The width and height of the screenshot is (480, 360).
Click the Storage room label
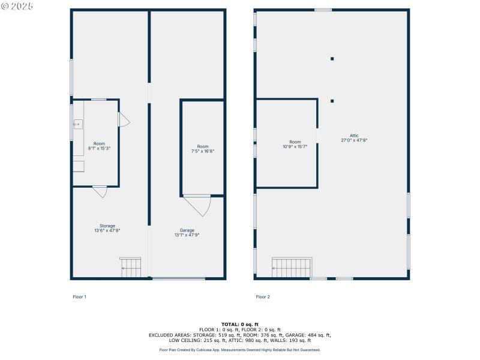coord(107,226)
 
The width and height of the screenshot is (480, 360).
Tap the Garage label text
coord(187,230)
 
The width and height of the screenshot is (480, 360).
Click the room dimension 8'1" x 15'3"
coord(99,148)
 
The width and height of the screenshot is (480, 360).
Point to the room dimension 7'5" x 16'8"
coord(203,151)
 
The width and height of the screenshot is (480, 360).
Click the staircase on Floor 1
coord(131,268)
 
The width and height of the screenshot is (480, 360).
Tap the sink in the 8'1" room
coord(77,124)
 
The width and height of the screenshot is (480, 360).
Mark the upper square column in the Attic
coord(332,59)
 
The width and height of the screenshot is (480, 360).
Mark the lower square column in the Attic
coord(332,101)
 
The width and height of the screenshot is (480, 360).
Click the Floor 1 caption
coord(80,296)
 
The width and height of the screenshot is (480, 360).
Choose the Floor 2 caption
coord(263,296)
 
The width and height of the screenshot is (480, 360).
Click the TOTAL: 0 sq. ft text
coord(240,324)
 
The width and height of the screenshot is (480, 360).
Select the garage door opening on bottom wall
coord(178,278)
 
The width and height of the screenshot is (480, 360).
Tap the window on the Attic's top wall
coord(323,10)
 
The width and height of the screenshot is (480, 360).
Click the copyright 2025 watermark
coord(17,6)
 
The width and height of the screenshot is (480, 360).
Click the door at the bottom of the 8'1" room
coord(100,191)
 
